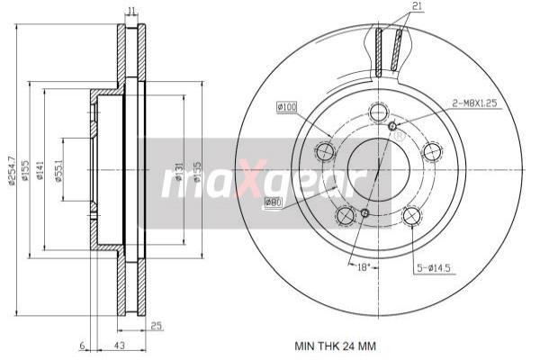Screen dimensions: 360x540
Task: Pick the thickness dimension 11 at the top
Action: (x=131, y=11)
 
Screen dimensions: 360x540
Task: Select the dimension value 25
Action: (x=156, y=326)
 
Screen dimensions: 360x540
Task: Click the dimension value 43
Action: (x=118, y=345)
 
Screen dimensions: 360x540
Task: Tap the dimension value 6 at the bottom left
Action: (x=81, y=345)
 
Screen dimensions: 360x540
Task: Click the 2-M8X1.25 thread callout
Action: (x=476, y=103)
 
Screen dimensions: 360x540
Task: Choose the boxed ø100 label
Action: (x=286, y=108)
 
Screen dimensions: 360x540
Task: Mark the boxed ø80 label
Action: (x=274, y=203)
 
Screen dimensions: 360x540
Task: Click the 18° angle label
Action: (x=363, y=267)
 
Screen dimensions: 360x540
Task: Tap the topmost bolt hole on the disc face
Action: (x=377, y=113)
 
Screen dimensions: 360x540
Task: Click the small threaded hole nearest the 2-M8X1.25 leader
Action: (x=391, y=125)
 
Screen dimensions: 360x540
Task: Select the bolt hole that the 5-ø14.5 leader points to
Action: (x=411, y=215)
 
